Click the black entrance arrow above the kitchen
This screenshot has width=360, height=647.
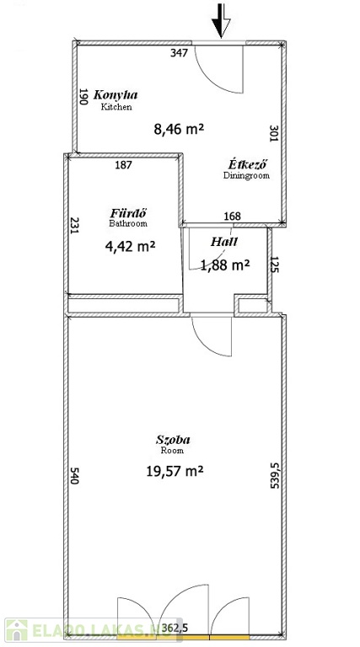click(221, 20)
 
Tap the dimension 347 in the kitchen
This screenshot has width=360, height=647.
click(180, 53)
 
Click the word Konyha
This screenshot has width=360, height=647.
click(116, 95)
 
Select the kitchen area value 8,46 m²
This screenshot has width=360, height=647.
click(180, 129)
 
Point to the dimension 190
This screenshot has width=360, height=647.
click(83, 97)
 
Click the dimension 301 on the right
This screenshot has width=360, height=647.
click(273, 134)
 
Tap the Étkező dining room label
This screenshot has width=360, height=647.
click(248, 163)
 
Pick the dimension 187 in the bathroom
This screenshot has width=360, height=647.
click(123, 165)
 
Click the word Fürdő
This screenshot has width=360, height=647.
click(129, 213)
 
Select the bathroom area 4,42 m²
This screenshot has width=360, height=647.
click(130, 247)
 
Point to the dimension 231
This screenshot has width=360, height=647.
click(74, 226)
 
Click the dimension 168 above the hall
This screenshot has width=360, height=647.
click(232, 217)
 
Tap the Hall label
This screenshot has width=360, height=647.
click(224, 242)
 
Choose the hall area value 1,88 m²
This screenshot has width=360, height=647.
click(225, 265)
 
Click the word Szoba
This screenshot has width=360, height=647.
click(173, 440)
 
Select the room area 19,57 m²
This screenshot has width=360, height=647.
click(175, 470)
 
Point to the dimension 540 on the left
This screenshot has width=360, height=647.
click(74, 475)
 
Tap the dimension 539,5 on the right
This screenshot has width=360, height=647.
click(275, 476)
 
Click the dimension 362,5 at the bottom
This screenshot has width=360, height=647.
click(175, 628)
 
